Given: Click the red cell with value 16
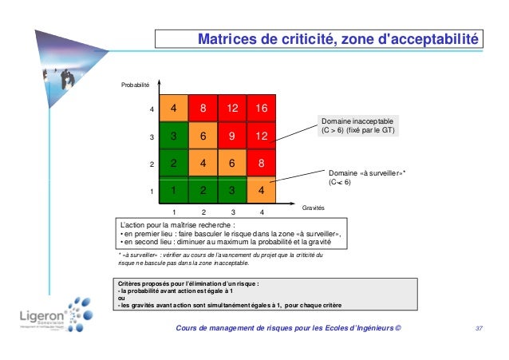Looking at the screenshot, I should [261, 108].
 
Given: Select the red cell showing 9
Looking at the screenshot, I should [231, 136].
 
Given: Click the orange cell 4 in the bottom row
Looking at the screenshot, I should [261, 191].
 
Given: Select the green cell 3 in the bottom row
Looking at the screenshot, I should [231, 191].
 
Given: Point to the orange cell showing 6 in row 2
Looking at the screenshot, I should [231, 164].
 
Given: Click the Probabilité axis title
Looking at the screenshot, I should [136, 83].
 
